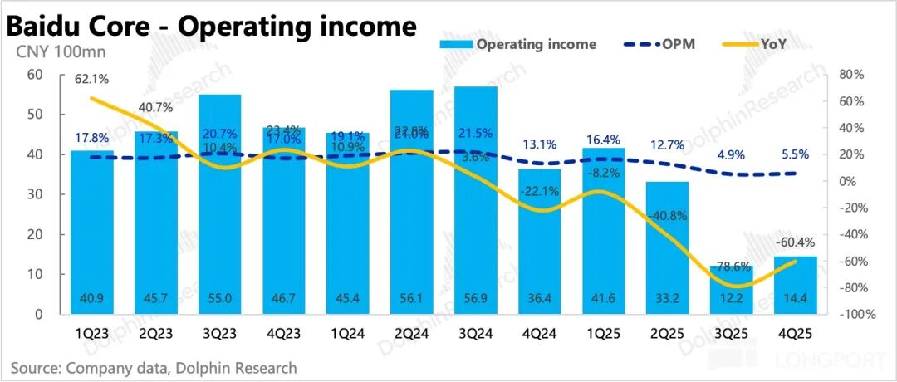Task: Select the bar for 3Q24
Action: [x=475, y=199]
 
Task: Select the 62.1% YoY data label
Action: [x=92, y=79]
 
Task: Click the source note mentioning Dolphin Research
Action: [x=154, y=366]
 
